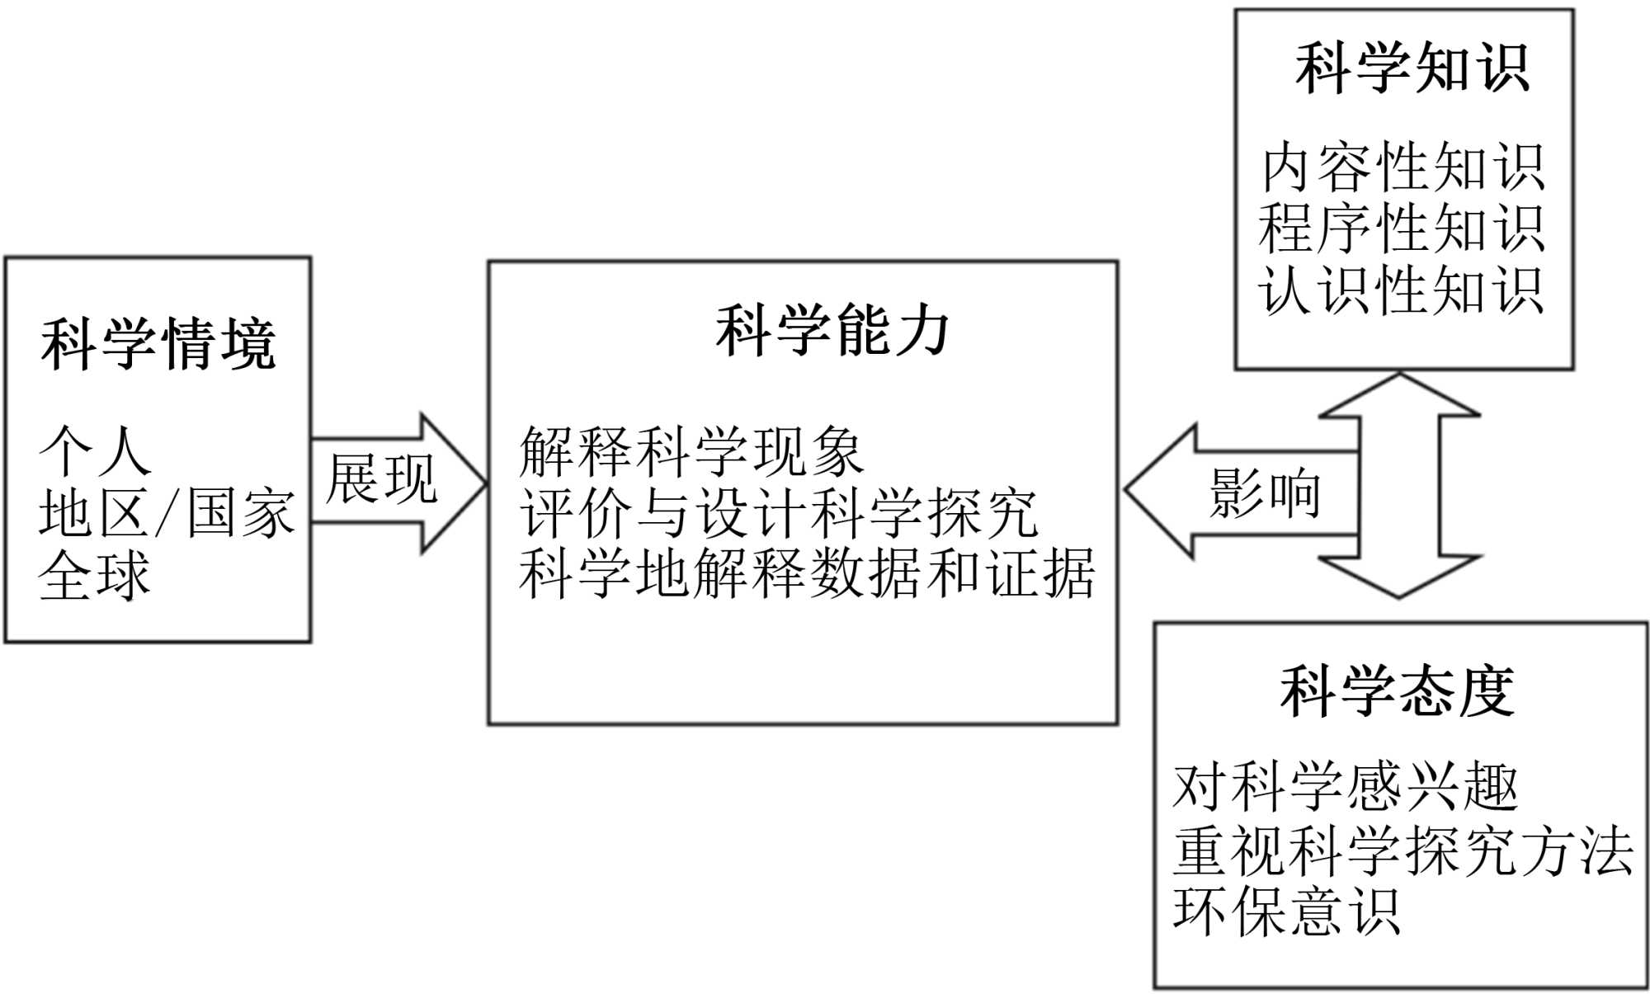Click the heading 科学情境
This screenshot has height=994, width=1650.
click(158, 344)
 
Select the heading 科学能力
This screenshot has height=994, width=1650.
click(832, 330)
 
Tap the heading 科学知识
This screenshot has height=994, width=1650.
click(1412, 68)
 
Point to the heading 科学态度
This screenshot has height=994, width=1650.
click(1397, 690)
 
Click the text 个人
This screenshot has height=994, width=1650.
click(95, 451)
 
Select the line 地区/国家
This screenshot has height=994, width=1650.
click(166, 513)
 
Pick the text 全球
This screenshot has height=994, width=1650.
click(94, 575)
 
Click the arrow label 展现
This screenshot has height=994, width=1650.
click(381, 479)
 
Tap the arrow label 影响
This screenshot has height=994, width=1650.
click(1265, 493)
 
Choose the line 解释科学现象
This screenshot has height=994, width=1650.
click(691, 452)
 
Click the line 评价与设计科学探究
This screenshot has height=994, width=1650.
click(778, 513)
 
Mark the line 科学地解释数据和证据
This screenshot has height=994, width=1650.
click(807, 574)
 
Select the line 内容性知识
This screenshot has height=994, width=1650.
click(1402, 167)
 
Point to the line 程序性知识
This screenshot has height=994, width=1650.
click(1401, 228)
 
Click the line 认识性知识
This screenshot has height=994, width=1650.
click(1401, 290)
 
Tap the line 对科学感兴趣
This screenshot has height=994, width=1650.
click(1345, 787)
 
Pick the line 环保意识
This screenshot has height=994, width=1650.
click(1285, 912)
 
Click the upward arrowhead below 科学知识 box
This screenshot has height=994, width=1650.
click(1399, 396)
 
